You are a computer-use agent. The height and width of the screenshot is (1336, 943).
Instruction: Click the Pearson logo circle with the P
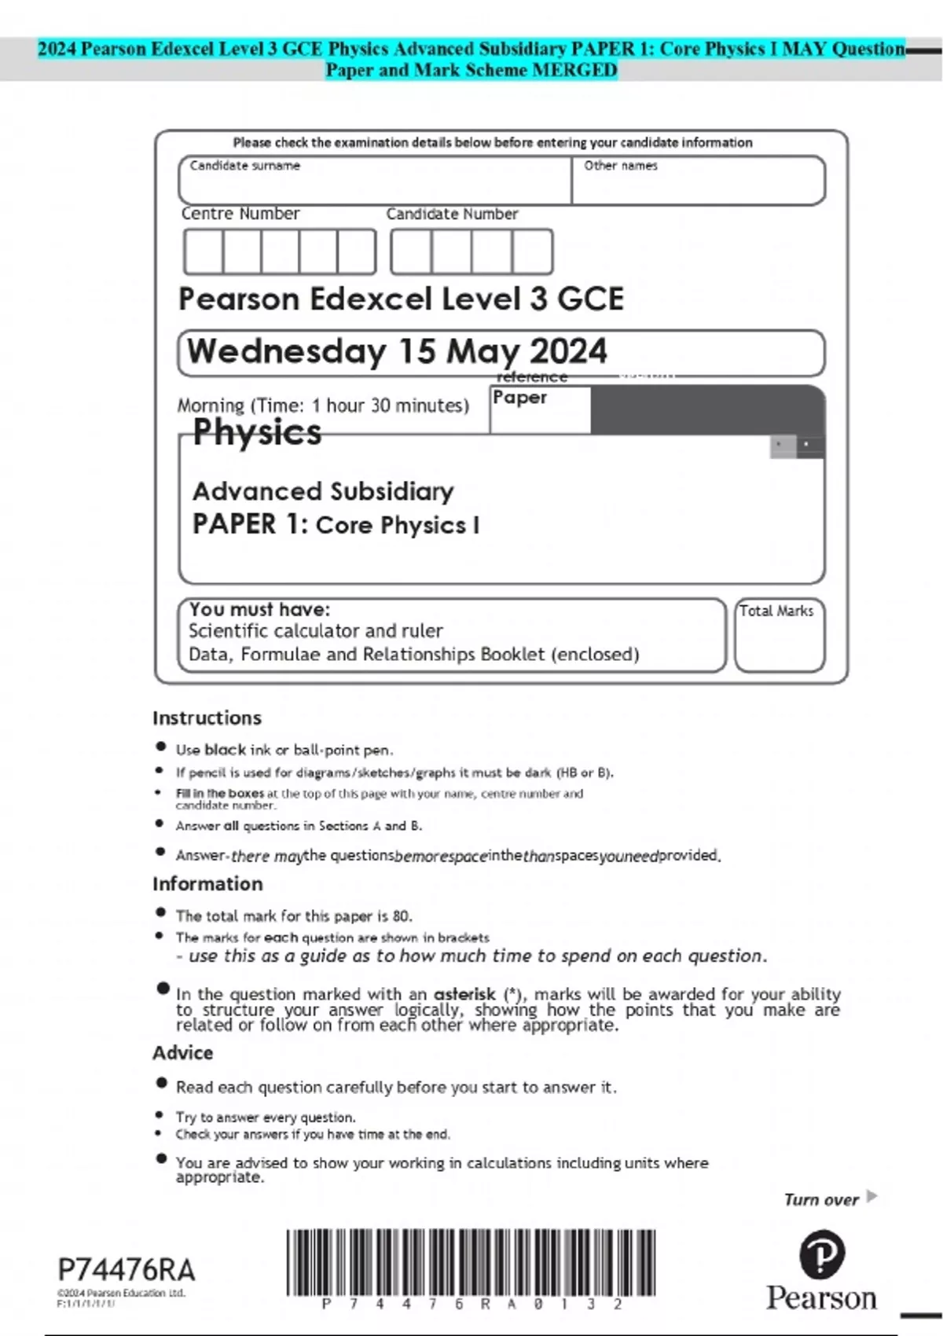[x=821, y=1255]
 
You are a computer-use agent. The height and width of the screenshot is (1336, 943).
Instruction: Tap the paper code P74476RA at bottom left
[x=127, y=1270]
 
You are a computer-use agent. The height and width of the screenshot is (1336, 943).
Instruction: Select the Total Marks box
[x=780, y=636]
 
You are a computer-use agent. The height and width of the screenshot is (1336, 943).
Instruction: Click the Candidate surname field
[x=375, y=182]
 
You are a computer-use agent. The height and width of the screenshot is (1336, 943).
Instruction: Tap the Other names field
[x=698, y=182]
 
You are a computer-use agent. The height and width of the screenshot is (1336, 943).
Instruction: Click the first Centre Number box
[x=204, y=251]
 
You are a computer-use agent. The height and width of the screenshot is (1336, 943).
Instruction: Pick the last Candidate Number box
[x=532, y=251]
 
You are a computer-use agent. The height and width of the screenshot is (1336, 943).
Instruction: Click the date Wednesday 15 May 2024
[x=397, y=351]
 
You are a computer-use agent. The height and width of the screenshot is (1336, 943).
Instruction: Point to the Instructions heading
[x=207, y=718]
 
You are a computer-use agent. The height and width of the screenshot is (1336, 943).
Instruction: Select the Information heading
[x=207, y=883]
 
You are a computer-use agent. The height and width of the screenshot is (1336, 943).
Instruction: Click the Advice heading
[x=182, y=1052]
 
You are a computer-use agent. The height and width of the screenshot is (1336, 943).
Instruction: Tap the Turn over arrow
[x=871, y=1197]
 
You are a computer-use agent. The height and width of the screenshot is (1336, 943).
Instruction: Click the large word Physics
[x=257, y=432]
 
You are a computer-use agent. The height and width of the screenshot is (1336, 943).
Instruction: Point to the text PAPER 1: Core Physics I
[x=336, y=524]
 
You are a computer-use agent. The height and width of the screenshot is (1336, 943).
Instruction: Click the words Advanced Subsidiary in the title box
[x=323, y=491]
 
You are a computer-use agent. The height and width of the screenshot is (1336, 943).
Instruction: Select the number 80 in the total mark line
[x=401, y=916]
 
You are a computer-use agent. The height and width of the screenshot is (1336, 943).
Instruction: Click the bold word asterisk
[x=464, y=993]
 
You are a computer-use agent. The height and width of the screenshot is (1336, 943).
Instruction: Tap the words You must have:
[x=259, y=609]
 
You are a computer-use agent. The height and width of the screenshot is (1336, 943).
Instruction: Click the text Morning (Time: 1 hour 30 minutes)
[x=323, y=406]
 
